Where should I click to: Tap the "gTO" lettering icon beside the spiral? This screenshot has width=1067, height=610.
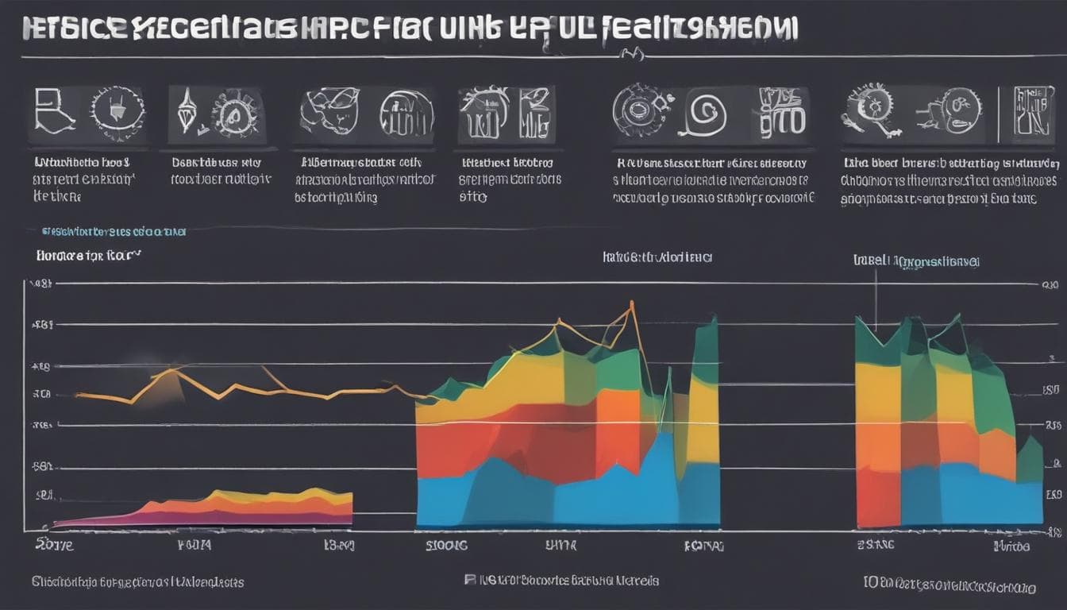point(782,111)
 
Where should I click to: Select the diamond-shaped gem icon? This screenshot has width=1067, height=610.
point(187,112)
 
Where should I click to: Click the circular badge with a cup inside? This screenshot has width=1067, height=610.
point(117,109)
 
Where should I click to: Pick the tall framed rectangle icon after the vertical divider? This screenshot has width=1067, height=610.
point(1034,110)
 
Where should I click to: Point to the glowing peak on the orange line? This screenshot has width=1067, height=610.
point(170,370)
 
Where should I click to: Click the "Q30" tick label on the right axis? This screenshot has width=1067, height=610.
point(1050,284)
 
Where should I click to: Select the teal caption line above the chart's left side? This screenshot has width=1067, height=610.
point(114,232)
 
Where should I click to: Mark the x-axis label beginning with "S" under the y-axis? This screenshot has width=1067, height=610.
point(54,546)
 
